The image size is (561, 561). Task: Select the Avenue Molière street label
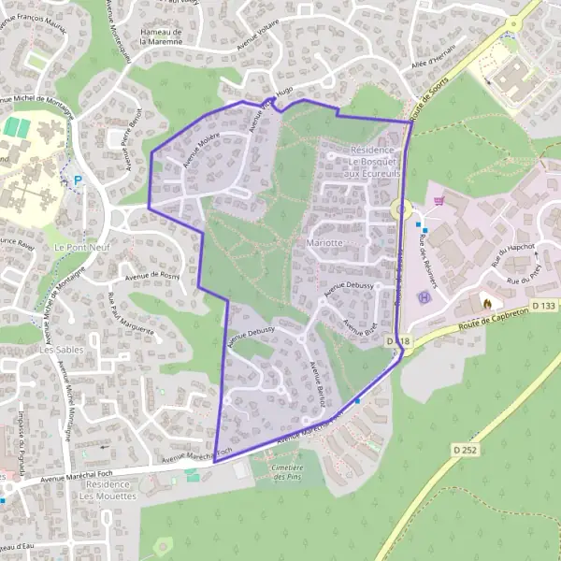(x=201, y=148)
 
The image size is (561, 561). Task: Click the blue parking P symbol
(x=78, y=180)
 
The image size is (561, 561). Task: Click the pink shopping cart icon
(x=439, y=199)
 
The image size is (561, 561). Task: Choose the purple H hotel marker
(x=424, y=297)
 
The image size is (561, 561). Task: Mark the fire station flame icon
(x=484, y=301)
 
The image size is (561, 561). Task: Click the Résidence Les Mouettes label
(x=108, y=490)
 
